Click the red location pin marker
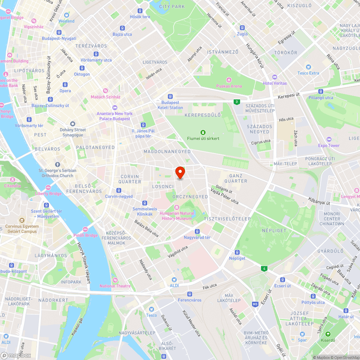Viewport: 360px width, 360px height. (x=180, y=172)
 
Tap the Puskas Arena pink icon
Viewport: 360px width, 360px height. (x=229, y=80)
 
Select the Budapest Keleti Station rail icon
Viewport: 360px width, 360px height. (x=170, y=96)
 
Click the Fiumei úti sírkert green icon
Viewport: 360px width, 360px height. (x=203, y=132)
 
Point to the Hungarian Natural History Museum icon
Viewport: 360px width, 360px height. (x=177, y=207)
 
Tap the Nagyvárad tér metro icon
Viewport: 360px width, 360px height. (x=197, y=231)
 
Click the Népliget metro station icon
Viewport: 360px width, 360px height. (x=237, y=252)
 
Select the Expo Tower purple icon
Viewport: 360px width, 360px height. (x=328, y=139)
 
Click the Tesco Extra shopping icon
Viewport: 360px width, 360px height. (x=308, y=67)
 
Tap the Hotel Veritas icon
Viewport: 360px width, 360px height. (x=275, y=77)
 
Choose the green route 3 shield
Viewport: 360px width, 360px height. (x=236, y=102)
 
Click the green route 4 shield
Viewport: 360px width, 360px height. (x=265, y=268)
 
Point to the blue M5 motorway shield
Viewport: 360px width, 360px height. (x=255, y=304)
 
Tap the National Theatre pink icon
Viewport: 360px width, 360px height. (x=115, y=280)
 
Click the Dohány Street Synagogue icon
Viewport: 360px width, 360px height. (x=73, y=123)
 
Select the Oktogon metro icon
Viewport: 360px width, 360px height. (x=82, y=68)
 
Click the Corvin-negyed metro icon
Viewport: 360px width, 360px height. (x=119, y=190)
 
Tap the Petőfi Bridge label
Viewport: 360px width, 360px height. (x=86, y=235)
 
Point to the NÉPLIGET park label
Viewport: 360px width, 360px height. (x=274, y=230)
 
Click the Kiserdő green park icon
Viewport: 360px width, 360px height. (x=328, y=334)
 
